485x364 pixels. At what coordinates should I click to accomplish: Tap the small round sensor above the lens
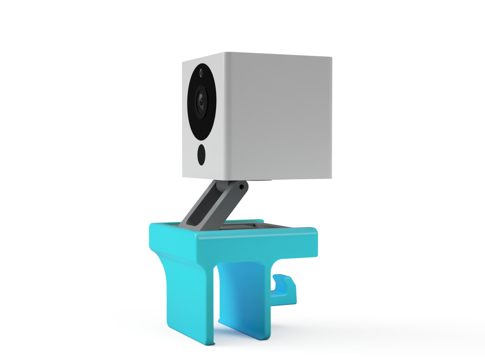pyautogui.click(x=201, y=73)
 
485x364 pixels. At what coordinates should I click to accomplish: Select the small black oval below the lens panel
pyautogui.click(x=201, y=155)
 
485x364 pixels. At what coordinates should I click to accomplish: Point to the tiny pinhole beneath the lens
pyautogui.click(x=201, y=132)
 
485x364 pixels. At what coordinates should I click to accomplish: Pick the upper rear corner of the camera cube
pyautogui.click(x=331, y=58)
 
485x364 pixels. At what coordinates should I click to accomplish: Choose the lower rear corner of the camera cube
pyautogui.click(x=331, y=178)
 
